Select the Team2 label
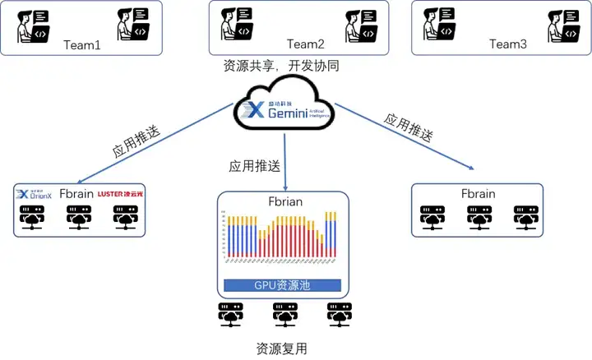[306, 44]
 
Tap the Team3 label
[507, 44]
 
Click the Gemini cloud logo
[284, 106]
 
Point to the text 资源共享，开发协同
[281, 66]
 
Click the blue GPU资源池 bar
[283, 286]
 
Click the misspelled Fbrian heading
[282, 202]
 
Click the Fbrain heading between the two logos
[76, 195]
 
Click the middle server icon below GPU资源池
[281, 314]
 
